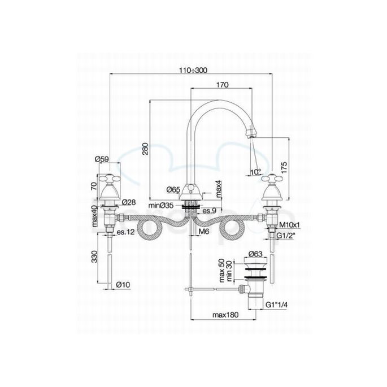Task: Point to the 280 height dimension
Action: [x=145, y=149]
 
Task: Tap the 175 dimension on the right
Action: [x=285, y=167]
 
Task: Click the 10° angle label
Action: [x=255, y=172]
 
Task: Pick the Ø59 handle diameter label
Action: [x=102, y=159]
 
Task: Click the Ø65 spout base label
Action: [x=173, y=189]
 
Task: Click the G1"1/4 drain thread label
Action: [x=276, y=305]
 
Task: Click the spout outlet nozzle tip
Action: [x=253, y=134]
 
